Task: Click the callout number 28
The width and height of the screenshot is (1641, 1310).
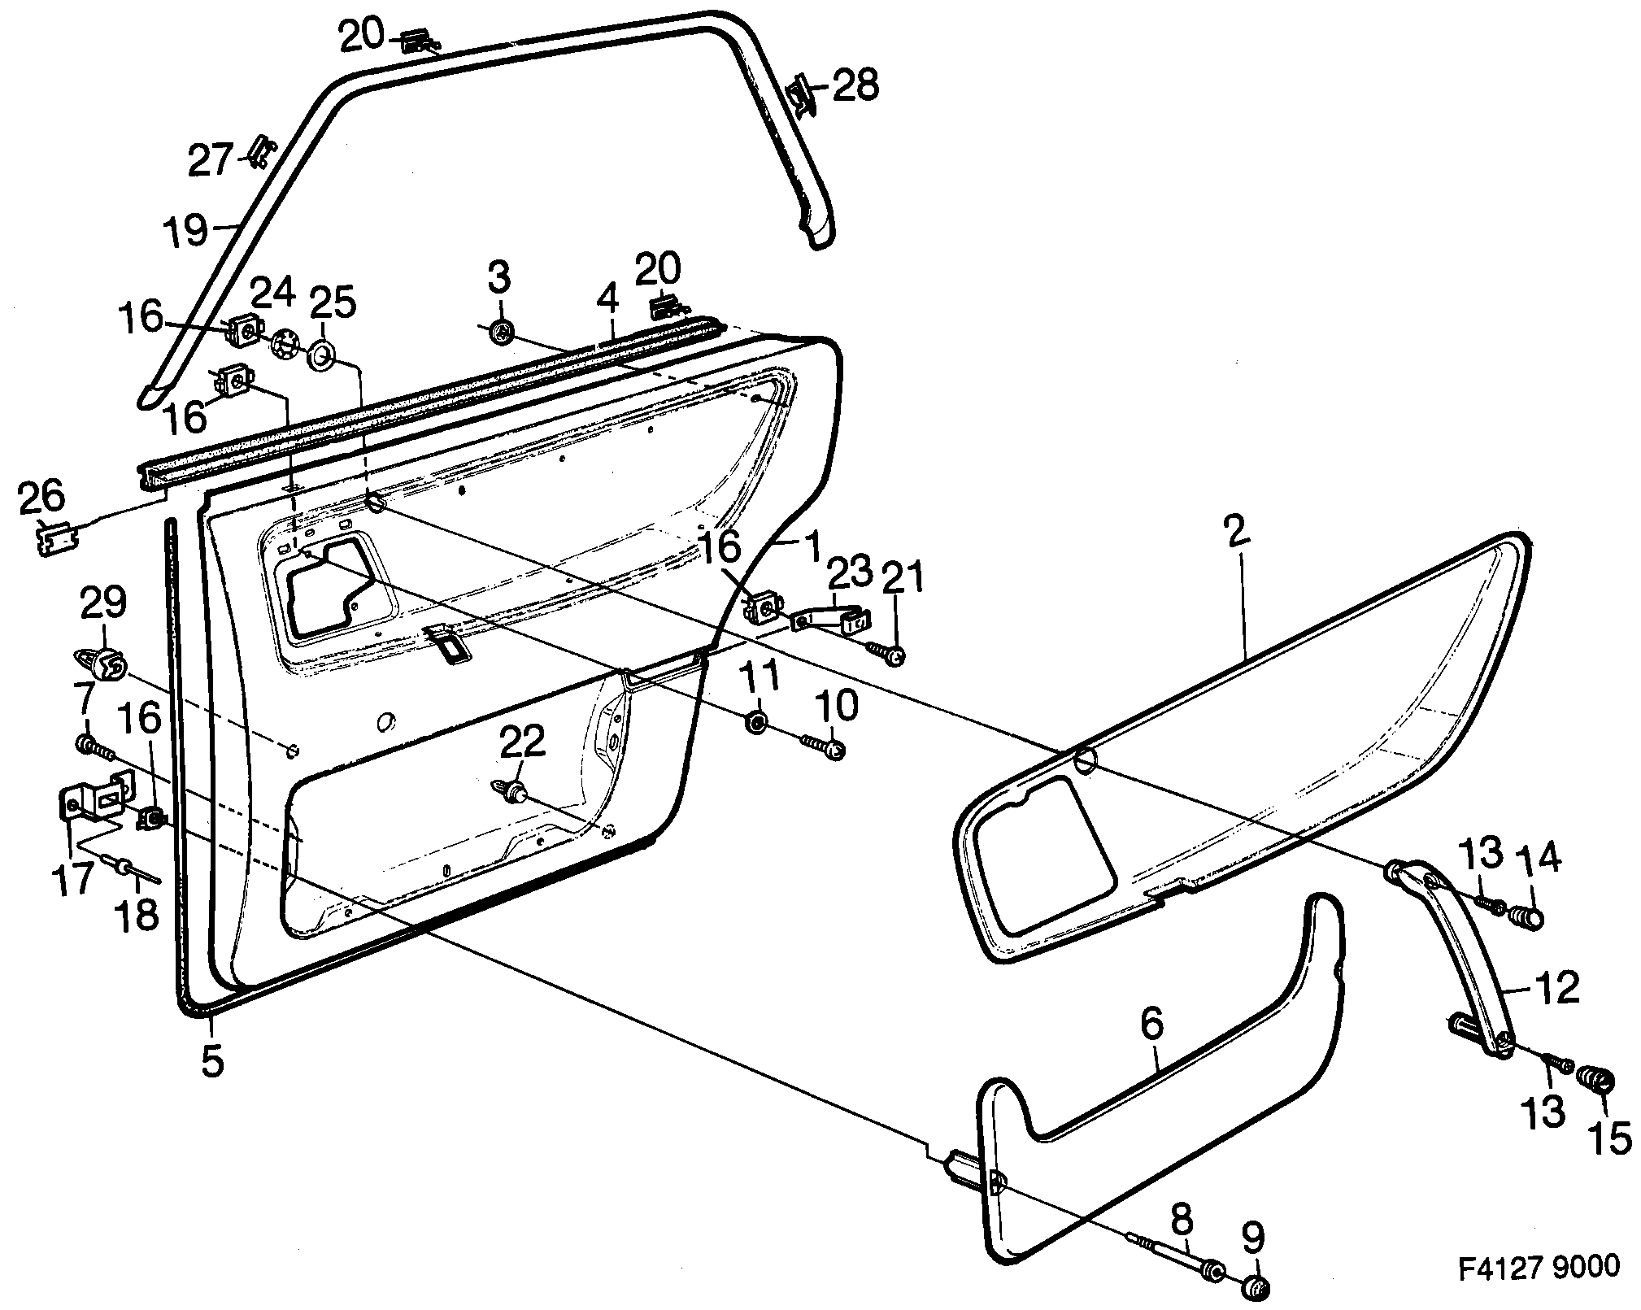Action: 855,86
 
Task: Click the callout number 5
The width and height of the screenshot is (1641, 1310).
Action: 212,1060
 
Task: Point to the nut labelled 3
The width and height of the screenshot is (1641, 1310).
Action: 501,332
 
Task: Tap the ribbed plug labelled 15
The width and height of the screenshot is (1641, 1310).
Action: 1595,1082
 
